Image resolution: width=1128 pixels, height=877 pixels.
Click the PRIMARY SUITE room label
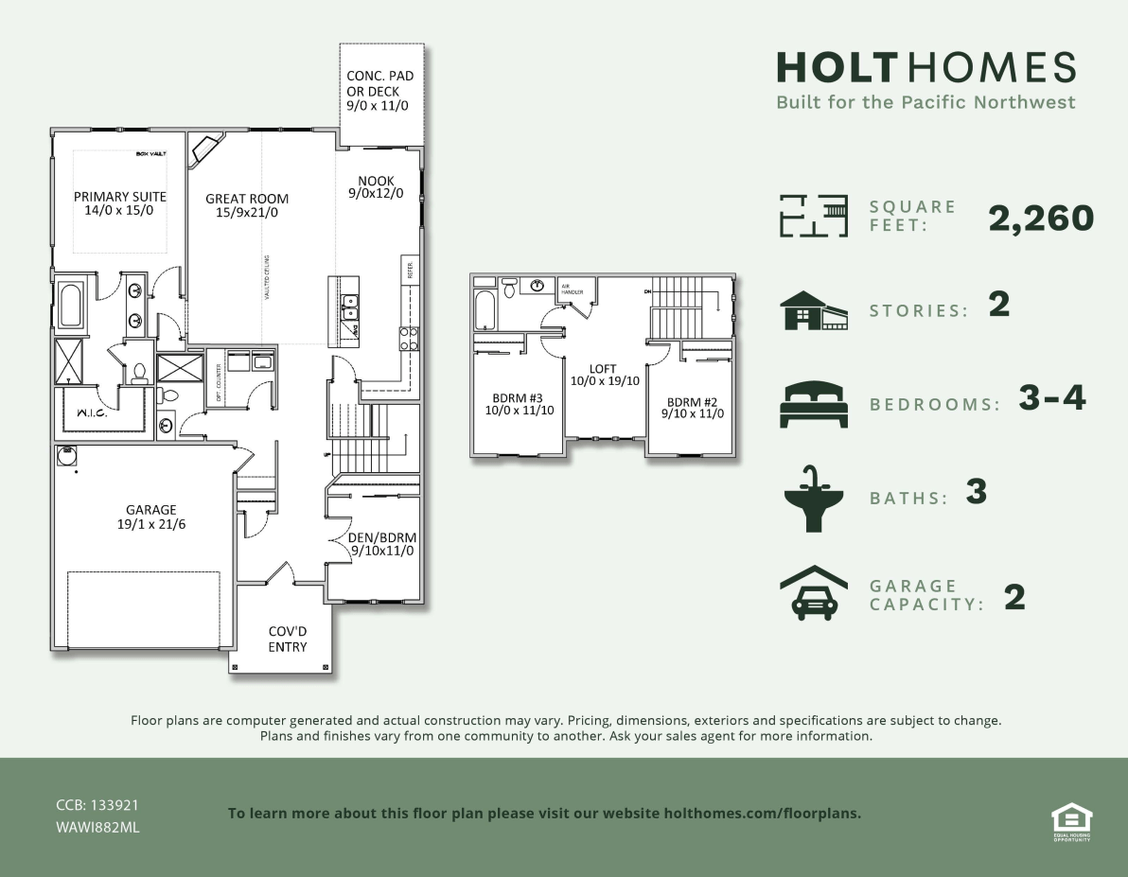click(120, 203)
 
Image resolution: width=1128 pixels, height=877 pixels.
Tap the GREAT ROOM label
click(247, 205)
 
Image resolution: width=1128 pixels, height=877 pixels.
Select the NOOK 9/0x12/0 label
click(376, 187)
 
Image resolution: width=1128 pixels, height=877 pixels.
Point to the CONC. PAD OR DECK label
click(379, 92)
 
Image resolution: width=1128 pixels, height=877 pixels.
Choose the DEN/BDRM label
click(383, 544)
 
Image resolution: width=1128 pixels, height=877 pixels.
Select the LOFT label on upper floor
click(602, 375)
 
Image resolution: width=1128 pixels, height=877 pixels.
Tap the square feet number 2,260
click(1041, 219)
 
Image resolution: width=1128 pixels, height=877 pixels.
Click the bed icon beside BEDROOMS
click(812, 404)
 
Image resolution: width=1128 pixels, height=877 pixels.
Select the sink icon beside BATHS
click(812, 498)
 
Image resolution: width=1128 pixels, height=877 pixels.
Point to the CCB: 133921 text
click(97, 805)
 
